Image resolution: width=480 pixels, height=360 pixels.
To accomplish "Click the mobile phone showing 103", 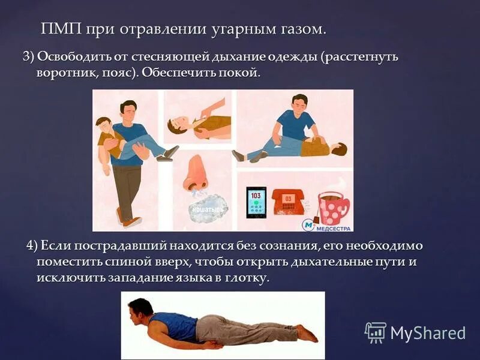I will click(x=256, y=203).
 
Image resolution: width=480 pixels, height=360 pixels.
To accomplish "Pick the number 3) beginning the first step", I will click(x=28, y=57).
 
